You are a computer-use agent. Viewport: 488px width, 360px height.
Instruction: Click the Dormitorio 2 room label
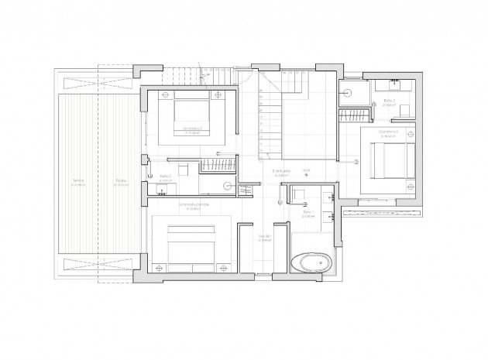pyautogui.click(x=192, y=129)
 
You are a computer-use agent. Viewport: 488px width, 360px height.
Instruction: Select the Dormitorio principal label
pyautogui.click(x=193, y=205)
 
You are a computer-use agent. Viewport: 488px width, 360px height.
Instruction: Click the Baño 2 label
pyautogui.click(x=165, y=177)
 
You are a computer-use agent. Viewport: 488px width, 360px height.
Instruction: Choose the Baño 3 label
pyautogui.click(x=389, y=101)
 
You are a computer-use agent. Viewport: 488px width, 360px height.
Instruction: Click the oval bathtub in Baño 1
pyautogui.click(x=309, y=263)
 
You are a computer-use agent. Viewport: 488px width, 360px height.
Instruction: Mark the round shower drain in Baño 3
pyautogui.click(x=349, y=91)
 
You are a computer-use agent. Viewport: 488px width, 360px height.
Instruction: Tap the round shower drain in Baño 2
pyautogui.click(x=228, y=186)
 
